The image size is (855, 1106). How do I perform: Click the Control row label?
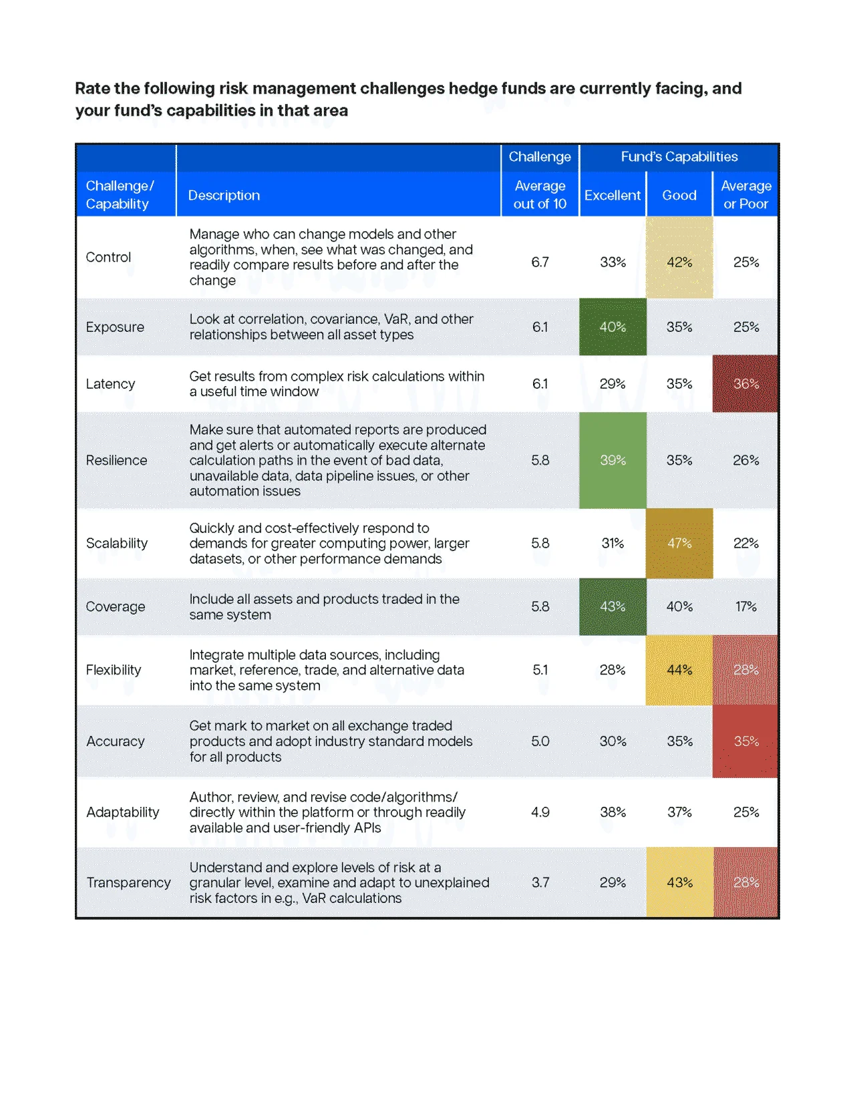point(108,257)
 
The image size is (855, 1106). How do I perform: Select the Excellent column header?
point(612,195)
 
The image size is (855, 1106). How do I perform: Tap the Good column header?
point(679,195)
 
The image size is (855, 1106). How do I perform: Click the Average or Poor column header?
point(745,194)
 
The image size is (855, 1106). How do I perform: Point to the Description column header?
point(224,195)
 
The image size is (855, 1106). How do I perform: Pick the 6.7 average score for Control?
point(540,262)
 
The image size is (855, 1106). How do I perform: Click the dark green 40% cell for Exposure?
point(613,327)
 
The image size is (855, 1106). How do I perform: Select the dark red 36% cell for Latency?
point(745,383)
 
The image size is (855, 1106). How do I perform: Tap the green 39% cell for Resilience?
point(613,460)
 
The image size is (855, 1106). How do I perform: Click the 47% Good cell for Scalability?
point(679,543)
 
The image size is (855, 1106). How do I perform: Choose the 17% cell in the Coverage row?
point(745,606)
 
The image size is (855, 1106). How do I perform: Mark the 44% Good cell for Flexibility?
point(679,670)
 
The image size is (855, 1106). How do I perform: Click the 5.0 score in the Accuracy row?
point(540,741)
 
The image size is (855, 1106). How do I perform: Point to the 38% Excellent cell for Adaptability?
point(613,812)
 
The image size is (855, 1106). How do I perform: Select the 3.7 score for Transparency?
point(540,882)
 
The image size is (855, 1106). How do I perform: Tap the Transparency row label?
point(128,882)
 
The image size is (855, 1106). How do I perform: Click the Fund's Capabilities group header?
point(679,156)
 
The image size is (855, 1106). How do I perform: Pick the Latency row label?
point(110,383)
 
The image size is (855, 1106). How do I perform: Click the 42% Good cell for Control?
point(679,262)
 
